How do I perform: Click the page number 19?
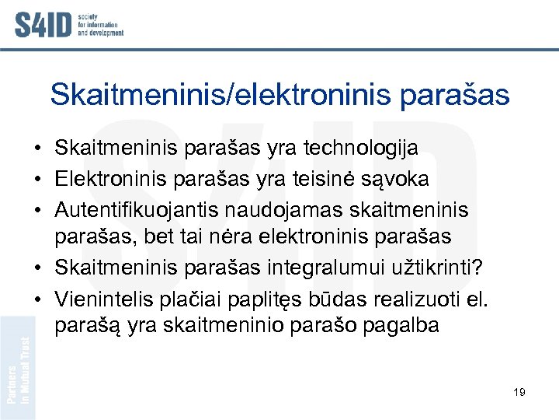(519, 392)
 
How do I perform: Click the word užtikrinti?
(439, 268)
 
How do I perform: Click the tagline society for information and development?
(100, 26)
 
